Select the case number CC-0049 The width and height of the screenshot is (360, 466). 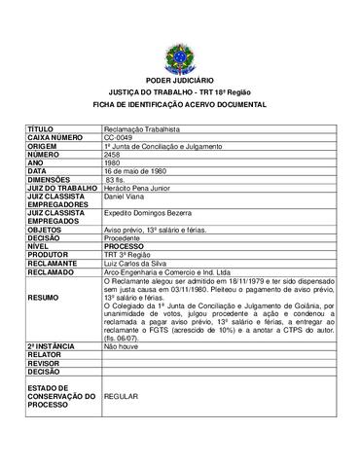click(118, 137)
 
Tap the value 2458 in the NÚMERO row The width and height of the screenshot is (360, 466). click(112, 154)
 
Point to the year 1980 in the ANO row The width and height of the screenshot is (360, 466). click(112, 162)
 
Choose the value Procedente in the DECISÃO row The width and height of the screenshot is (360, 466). click(123, 238)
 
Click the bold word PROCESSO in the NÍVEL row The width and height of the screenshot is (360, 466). click(124, 247)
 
